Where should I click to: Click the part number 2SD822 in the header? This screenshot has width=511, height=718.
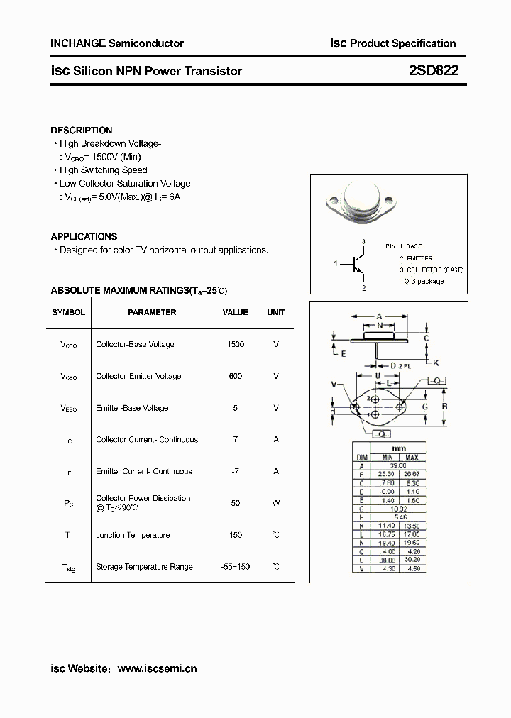(434, 70)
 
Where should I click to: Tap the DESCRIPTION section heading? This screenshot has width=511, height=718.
(82, 131)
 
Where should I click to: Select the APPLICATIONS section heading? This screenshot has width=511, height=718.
(84, 237)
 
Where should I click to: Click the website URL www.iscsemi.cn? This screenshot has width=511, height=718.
(157, 668)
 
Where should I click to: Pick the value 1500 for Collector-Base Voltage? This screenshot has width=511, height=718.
(236, 344)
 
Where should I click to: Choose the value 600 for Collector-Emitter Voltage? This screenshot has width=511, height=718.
(236, 376)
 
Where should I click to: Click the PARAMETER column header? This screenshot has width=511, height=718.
(152, 312)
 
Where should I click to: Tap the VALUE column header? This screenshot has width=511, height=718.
(236, 312)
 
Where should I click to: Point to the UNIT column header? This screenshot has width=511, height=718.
(276, 312)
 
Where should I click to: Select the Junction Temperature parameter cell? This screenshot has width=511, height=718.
(133, 535)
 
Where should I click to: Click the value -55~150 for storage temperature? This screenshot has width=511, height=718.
(236, 567)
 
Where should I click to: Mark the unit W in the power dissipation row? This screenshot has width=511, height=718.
(276, 503)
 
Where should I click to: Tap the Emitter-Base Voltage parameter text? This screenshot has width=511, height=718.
(132, 408)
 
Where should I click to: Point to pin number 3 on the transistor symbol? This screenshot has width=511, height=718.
(363, 242)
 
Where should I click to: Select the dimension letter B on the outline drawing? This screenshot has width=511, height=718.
(444, 407)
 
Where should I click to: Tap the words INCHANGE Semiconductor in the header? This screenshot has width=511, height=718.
(117, 43)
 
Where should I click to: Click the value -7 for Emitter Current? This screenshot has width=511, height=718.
(236, 471)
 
